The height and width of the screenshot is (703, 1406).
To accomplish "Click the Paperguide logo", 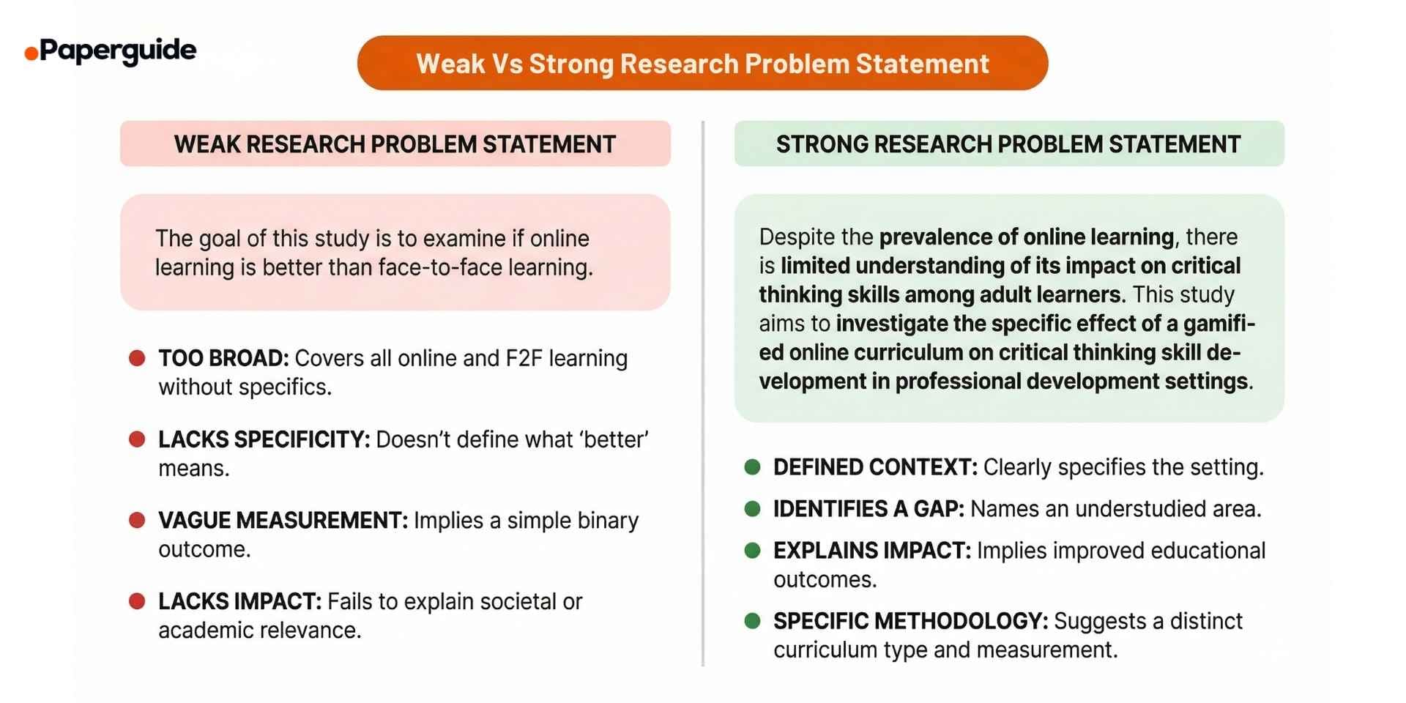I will (x=111, y=51).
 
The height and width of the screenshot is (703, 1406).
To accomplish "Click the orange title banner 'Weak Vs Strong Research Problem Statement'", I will (x=702, y=64).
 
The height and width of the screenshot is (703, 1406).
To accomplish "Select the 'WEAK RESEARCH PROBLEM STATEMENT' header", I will (x=395, y=144).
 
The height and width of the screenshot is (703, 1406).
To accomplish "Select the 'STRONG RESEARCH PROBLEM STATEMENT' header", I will (x=1008, y=144).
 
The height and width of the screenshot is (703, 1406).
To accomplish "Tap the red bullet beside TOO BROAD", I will (x=137, y=358).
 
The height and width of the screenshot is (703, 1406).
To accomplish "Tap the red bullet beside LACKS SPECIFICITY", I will (x=137, y=439).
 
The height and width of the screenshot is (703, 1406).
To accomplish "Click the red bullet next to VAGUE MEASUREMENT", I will (x=137, y=521).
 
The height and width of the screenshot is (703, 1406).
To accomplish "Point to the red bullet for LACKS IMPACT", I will (x=137, y=601).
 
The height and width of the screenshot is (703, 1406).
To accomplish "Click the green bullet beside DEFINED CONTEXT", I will (x=752, y=467).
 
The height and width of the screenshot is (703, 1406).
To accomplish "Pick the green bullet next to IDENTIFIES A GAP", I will (x=752, y=509).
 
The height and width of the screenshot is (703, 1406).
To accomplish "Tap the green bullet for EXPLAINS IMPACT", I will (x=752, y=551).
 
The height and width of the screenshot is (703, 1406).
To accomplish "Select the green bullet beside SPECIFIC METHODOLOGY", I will (x=752, y=621).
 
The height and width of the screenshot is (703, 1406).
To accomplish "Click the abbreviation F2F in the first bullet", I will (x=524, y=359).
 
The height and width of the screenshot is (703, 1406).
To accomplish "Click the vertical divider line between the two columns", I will (x=703, y=395).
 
